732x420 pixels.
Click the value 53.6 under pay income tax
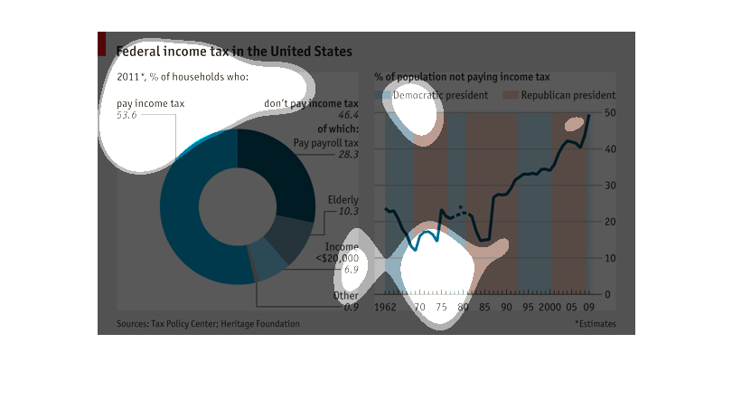(x=127, y=116)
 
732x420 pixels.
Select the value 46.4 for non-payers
(x=348, y=116)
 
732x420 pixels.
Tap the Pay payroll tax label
(x=326, y=143)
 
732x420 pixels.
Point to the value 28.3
(x=348, y=155)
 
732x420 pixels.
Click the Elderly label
(x=343, y=200)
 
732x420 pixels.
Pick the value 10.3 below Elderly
(x=348, y=212)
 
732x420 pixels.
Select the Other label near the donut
(x=345, y=296)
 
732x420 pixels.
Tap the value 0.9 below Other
(x=351, y=308)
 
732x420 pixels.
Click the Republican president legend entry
(x=568, y=95)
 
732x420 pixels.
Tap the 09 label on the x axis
(x=588, y=308)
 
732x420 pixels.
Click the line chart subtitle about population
(x=462, y=77)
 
